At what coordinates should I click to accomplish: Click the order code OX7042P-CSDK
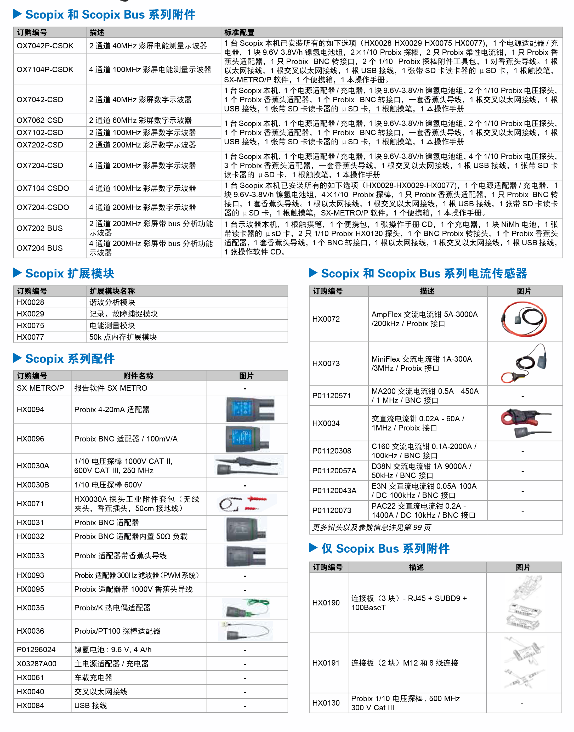45,46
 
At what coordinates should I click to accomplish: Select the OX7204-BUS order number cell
40,248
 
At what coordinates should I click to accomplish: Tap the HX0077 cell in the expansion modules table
31,337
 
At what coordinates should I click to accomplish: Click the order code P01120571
331,396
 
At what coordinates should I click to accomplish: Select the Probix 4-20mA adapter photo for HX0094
250,409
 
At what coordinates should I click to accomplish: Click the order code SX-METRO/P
40,388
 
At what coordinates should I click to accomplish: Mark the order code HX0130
326,703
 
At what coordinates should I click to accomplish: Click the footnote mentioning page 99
371,527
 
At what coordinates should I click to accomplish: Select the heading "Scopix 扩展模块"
70,274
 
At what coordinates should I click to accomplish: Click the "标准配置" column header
239,32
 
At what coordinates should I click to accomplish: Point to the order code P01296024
36,650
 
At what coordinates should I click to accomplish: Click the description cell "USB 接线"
91,705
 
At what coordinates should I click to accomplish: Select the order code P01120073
331,510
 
